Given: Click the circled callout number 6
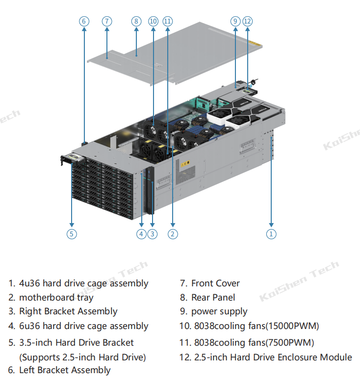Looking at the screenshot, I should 84,21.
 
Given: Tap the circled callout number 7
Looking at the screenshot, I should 107,21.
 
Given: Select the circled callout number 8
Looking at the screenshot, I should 136,21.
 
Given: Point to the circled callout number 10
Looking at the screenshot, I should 153,21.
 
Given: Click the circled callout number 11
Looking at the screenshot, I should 168,21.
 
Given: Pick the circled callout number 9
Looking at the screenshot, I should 235,21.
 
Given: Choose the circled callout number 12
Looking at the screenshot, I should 247,21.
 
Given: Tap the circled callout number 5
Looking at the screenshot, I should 72,234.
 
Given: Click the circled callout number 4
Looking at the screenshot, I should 142,234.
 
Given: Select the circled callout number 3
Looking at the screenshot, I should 153,234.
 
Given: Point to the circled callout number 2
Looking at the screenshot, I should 173,234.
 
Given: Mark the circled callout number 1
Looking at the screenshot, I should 271,234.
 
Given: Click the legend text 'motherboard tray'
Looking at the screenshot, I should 56,297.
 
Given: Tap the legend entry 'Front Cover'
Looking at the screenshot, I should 215,283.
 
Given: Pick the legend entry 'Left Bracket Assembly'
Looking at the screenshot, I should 65,370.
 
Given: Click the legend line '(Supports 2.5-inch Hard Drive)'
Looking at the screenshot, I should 82,357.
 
